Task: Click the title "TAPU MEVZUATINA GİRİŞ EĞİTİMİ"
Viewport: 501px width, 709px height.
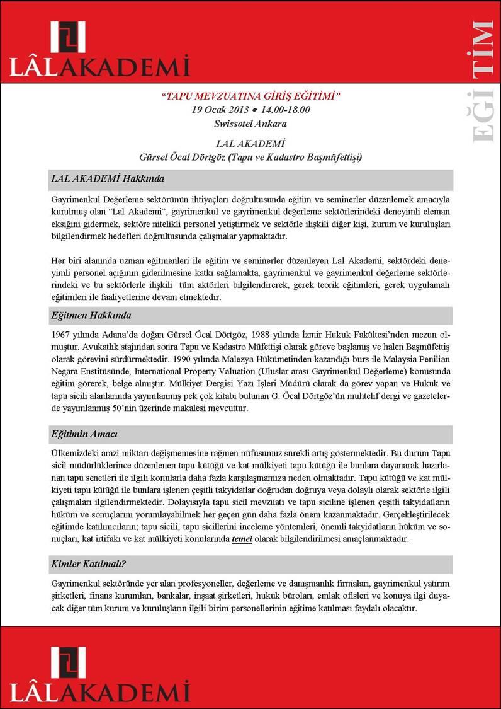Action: [250, 97]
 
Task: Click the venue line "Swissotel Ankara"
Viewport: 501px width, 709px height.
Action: [250, 123]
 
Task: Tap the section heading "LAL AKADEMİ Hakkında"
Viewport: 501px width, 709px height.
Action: [108, 179]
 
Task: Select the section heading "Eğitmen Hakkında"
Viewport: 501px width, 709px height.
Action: [92, 315]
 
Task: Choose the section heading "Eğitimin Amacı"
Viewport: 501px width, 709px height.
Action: [85, 435]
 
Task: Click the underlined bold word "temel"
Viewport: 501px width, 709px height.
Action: [242, 539]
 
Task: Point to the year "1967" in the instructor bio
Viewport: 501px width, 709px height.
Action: [62, 334]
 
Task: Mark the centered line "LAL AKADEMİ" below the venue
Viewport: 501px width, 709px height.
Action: [250, 143]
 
